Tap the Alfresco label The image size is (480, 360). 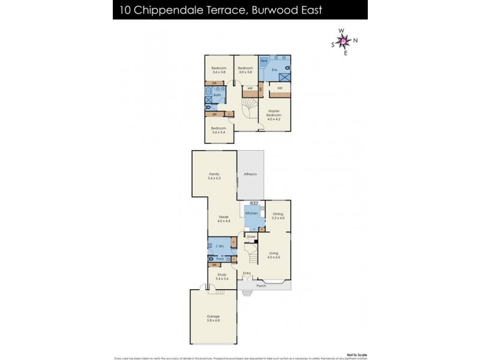click(x=250, y=174)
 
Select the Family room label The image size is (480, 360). click(x=214, y=175)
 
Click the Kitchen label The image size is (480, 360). click(x=251, y=213)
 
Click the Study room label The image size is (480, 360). click(x=222, y=276)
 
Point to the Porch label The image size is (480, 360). click(x=261, y=286)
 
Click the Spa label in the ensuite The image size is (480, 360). click(x=263, y=61)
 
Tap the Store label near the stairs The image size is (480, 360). click(x=251, y=237)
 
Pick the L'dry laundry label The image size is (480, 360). click(x=220, y=246)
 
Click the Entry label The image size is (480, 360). click(x=247, y=273)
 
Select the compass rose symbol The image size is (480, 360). click(x=343, y=41)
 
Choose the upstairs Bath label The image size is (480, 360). click(x=217, y=95)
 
